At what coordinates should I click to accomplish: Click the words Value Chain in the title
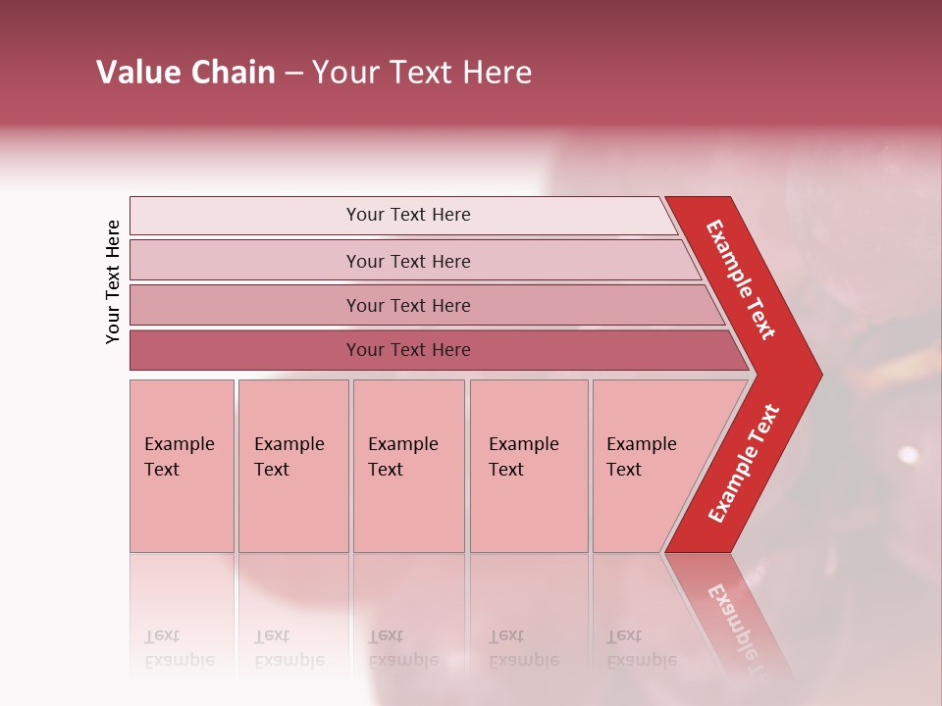coord(185,73)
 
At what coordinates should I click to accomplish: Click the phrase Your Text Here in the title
coord(422,73)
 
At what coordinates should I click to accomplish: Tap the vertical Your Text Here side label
coord(113,281)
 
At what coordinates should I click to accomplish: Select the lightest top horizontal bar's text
coord(408,215)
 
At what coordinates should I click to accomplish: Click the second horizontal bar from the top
coord(408,261)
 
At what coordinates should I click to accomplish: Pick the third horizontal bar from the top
coord(408,305)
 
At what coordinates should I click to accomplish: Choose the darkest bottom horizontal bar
coord(408,350)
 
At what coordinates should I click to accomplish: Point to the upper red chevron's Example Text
coord(741,279)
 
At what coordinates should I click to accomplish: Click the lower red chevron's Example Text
coord(744,464)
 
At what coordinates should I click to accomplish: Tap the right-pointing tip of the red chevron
coord(816,375)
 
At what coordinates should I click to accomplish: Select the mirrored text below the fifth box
coord(641,649)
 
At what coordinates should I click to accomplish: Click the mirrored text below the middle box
coord(402,649)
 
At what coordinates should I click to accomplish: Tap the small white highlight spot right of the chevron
coord(909,455)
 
